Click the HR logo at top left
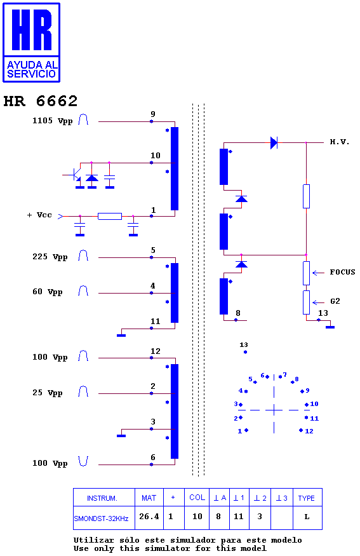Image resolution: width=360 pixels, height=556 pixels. [x=32, y=43]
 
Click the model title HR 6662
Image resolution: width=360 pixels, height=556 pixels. [x=41, y=101]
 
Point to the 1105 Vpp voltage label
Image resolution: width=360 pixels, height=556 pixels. [x=53, y=121]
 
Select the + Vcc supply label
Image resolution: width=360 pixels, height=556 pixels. [x=39, y=215]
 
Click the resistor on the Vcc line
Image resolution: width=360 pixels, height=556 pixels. [x=110, y=216]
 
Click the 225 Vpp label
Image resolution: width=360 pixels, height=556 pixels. [x=50, y=257]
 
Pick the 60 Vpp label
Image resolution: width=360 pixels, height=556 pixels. [x=48, y=292]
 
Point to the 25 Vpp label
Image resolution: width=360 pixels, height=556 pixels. [x=48, y=393]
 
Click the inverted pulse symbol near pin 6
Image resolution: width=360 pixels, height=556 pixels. [x=83, y=461]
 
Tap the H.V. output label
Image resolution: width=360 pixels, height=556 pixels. [x=340, y=142]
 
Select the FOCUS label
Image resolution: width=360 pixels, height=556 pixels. [x=342, y=272]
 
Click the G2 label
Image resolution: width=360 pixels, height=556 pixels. [x=335, y=301]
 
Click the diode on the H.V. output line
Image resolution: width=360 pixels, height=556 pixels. [x=274, y=143]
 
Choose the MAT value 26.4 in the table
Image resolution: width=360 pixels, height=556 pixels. [x=149, y=516]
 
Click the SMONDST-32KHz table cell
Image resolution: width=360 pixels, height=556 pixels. [x=101, y=519]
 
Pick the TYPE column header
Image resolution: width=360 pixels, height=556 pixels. [x=306, y=498]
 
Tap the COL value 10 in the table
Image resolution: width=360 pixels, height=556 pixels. [x=197, y=516]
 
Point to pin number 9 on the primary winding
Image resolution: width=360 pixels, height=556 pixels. [x=153, y=114]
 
